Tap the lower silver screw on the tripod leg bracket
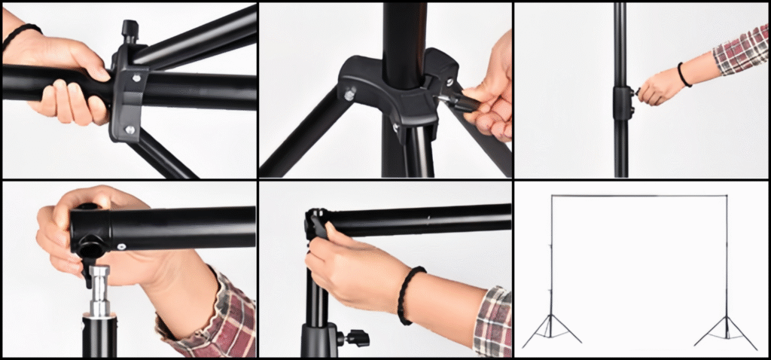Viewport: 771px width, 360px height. [130, 130]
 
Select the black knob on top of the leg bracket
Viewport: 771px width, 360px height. [130, 30]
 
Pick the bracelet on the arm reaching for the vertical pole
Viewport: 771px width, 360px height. [684, 75]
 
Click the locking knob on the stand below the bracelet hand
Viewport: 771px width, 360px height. [354, 337]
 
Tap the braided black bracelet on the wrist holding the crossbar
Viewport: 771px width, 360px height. [410, 294]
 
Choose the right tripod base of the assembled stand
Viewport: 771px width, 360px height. [726, 331]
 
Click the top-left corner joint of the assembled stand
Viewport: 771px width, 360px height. [552, 197]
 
